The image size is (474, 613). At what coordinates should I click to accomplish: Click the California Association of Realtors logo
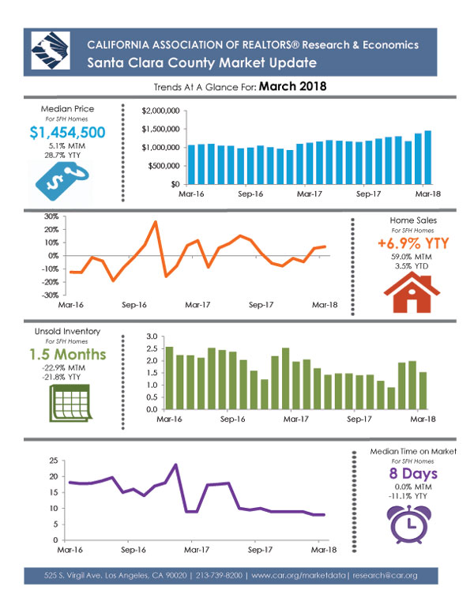[x=51, y=51]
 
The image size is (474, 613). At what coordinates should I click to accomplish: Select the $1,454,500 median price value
[x=67, y=133]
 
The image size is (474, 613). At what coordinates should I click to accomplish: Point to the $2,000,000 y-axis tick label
[x=160, y=111]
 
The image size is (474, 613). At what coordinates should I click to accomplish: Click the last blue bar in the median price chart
[x=428, y=157]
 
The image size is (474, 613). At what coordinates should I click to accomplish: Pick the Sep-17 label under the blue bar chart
[x=368, y=194]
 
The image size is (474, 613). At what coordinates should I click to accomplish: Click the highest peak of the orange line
[x=156, y=222]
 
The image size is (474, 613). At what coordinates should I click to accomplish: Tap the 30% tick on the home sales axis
[x=51, y=216]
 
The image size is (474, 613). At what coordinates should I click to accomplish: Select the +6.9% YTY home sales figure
[x=413, y=243]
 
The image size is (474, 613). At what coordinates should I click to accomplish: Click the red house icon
[x=412, y=292]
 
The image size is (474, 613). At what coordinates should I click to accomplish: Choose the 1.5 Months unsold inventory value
[x=68, y=354]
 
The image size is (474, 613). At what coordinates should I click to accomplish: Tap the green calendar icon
[x=70, y=403]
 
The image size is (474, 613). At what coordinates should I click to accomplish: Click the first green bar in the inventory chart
[x=169, y=378]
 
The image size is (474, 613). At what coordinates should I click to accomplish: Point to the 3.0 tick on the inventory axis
[x=152, y=337]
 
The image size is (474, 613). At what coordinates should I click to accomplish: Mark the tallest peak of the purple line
[x=175, y=464]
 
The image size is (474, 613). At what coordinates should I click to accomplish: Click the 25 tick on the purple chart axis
[x=54, y=461]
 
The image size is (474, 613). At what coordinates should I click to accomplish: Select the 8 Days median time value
[x=413, y=473]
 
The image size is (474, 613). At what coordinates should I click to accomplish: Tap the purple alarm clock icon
[x=409, y=525]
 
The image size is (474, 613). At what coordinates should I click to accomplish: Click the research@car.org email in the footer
[x=385, y=575]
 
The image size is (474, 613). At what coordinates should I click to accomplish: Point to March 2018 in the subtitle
[x=292, y=86]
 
